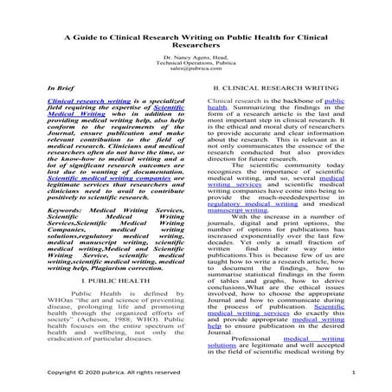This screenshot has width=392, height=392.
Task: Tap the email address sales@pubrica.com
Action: point(196,69)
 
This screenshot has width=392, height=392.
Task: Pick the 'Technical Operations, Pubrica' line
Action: point(196,63)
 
